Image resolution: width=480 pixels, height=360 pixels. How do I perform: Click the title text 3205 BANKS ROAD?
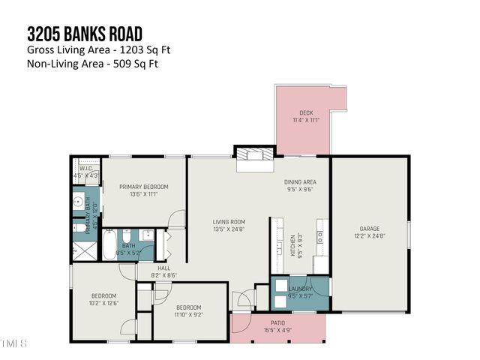point(85,34)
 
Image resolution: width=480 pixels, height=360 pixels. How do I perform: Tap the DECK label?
point(306,113)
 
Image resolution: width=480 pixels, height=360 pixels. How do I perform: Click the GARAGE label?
point(370,229)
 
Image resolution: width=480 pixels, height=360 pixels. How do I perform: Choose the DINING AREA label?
point(299,182)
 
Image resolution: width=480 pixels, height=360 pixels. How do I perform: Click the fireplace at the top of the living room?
point(254,157)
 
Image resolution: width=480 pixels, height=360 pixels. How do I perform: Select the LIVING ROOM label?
point(229,221)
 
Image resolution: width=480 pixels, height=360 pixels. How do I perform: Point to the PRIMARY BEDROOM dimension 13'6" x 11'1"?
point(142,194)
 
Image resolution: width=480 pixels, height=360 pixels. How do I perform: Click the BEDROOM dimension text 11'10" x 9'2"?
point(188,314)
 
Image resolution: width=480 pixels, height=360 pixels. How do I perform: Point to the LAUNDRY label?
point(301,288)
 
